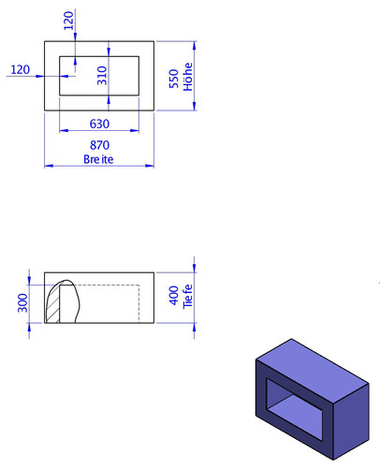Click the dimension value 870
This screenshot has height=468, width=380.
click(x=99, y=145)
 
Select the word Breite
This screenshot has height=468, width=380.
click(x=98, y=159)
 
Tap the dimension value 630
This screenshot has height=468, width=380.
click(x=99, y=124)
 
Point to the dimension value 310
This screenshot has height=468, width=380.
click(x=102, y=76)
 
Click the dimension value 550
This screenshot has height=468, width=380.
click(x=174, y=79)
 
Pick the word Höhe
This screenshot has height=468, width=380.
click(x=188, y=77)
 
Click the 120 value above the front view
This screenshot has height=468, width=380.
click(x=68, y=21)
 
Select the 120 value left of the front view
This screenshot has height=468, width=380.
click(x=21, y=69)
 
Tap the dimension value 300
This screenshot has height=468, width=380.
click(x=22, y=303)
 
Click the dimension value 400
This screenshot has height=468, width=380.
click(x=174, y=296)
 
